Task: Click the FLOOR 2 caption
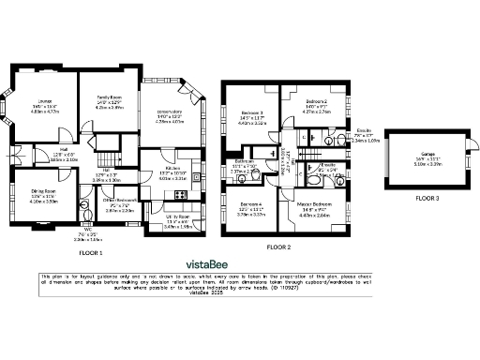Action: pyautogui.click(x=278, y=246)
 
